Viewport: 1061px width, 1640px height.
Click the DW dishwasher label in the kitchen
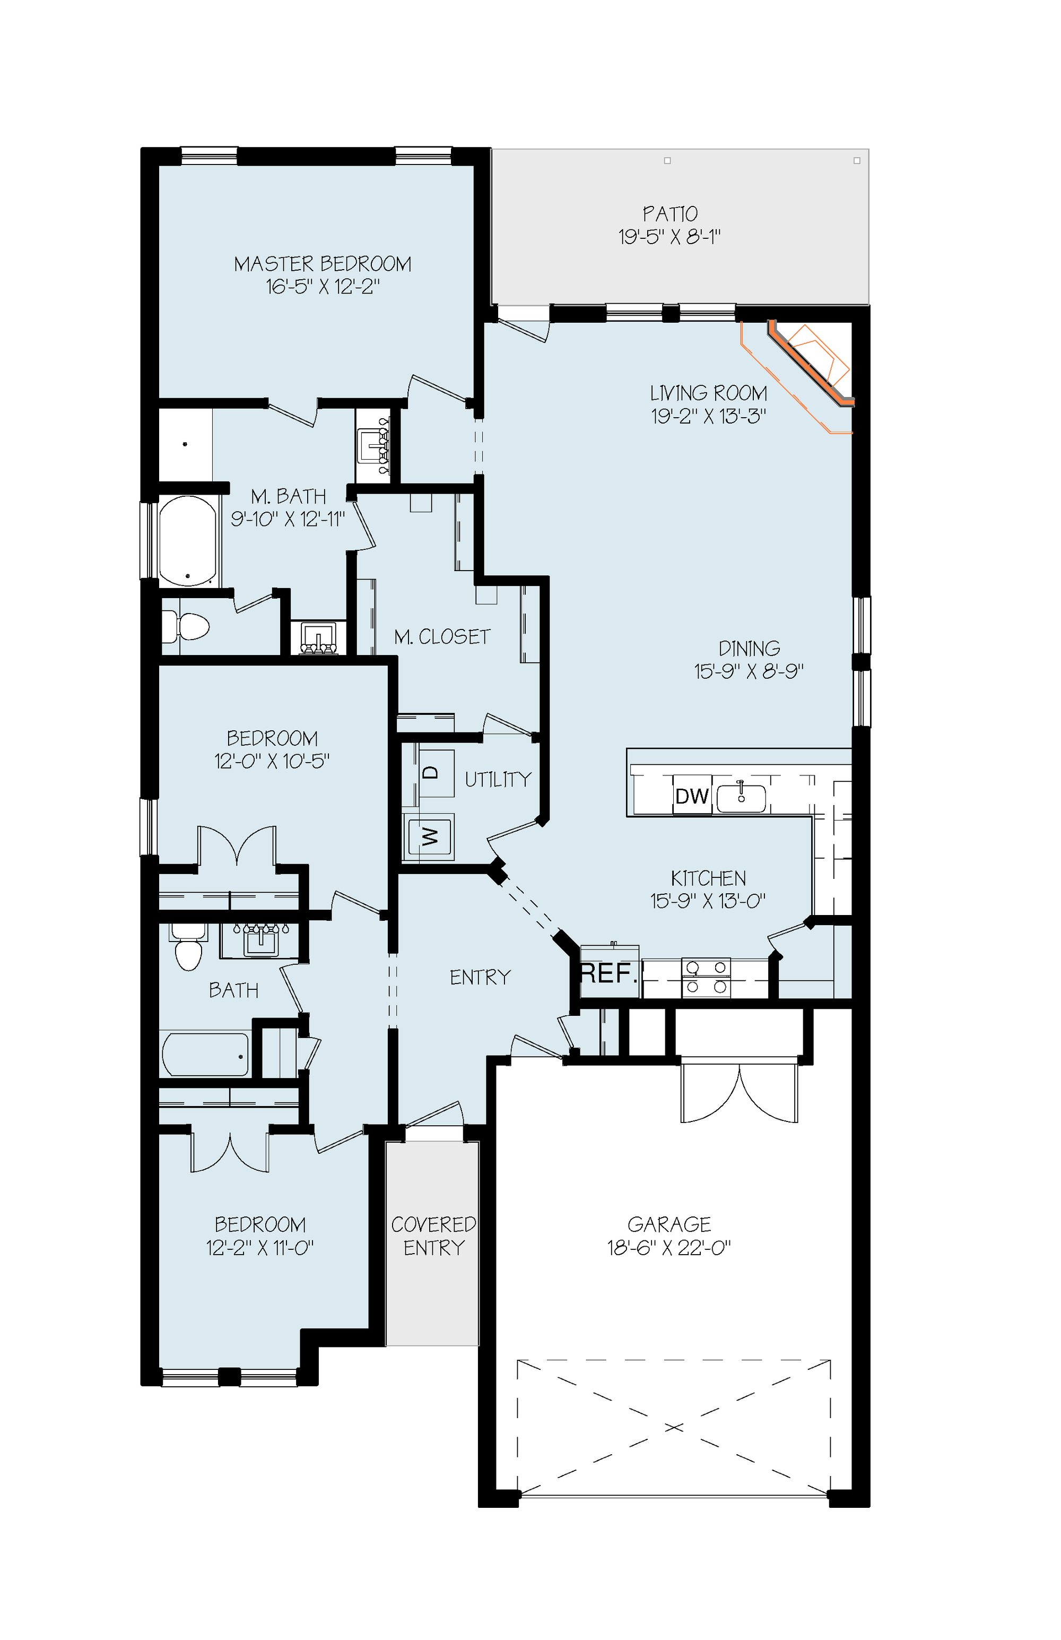(x=692, y=796)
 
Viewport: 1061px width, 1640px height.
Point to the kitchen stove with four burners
(x=706, y=978)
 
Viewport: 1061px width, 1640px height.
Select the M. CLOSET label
(x=442, y=637)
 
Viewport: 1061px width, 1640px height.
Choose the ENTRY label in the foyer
(x=480, y=977)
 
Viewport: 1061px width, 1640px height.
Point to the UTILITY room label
(x=498, y=779)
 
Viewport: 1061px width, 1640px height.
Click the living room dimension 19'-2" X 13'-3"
(x=709, y=416)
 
